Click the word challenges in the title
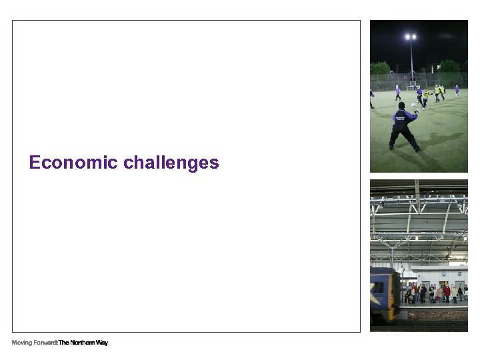171,163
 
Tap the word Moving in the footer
21,343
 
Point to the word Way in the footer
102,343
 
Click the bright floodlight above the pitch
411,37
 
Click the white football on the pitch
413,105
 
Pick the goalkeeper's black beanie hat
401,105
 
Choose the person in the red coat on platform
447,291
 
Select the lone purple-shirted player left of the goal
398,92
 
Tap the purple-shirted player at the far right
457,90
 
